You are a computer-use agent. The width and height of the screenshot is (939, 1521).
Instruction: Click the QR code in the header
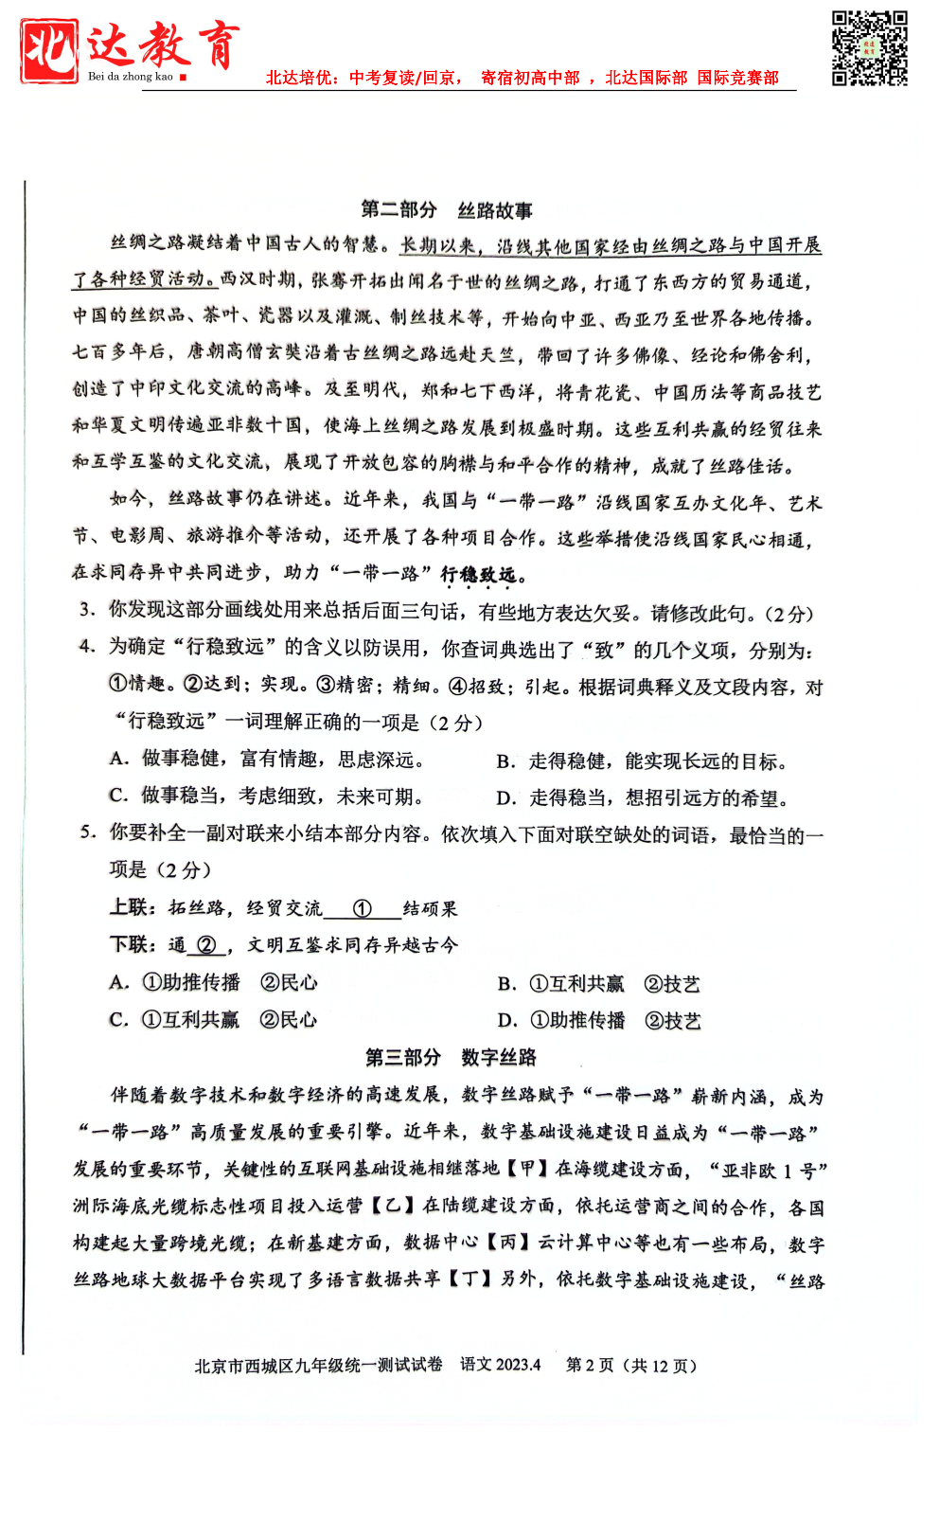click(869, 48)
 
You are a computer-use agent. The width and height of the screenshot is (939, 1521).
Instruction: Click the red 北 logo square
click(49, 50)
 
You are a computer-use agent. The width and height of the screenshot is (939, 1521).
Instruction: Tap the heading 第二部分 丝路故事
click(447, 210)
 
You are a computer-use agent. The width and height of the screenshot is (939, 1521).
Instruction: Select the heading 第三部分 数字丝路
click(451, 1057)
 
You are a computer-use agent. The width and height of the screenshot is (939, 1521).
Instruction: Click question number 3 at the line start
click(87, 611)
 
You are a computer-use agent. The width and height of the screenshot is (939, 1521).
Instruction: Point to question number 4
click(87, 647)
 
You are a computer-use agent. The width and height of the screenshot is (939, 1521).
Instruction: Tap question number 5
click(87, 833)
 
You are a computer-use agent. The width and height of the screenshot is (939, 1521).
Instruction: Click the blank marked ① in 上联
click(362, 909)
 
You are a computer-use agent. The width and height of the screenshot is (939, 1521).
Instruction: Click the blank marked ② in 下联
click(206, 945)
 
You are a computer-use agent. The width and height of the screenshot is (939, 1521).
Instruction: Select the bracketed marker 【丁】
click(470, 1279)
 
